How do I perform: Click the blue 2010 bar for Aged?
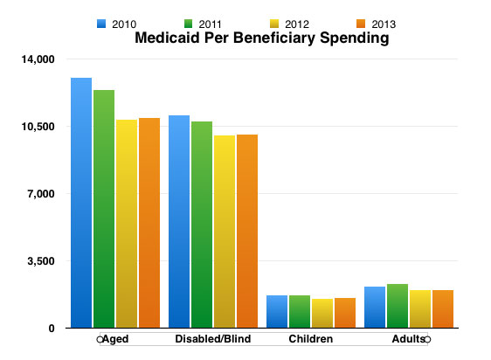tap(81, 203)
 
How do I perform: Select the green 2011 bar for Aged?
tap(104, 209)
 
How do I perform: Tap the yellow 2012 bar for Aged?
tap(127, 224)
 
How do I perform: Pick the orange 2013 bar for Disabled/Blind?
tap(247, 232)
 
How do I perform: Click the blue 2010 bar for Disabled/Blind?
tap(179, 222)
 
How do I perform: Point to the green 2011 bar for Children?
tap(300, 311)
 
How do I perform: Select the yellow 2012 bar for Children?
tap(322, 314)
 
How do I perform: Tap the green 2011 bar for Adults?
tap(398, 306)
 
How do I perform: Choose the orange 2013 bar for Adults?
tap(443, 309)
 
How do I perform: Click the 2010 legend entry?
tap(116, 24)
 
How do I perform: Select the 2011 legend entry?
tap(203, 24)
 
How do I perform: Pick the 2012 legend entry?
tap(289, 24)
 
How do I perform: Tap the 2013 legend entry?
tap(376, 24)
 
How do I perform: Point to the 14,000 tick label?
tap(38, 59)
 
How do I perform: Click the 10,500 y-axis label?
tap(38, 127)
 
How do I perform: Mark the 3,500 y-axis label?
tap(41, 261)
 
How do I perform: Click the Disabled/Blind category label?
tap(213, 339)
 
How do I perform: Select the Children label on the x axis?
tap(311, 339)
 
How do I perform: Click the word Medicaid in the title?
tap(167, 38)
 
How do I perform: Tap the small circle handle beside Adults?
tap(427, 339)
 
